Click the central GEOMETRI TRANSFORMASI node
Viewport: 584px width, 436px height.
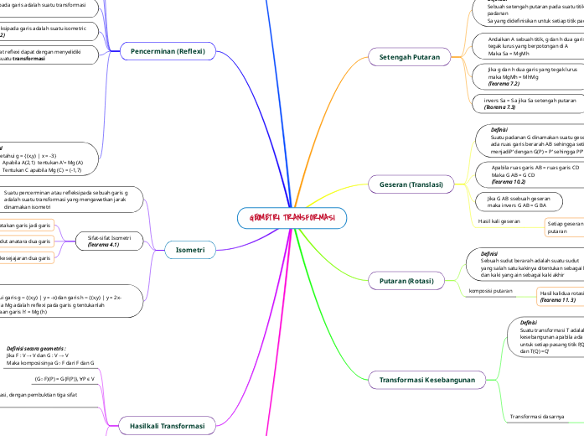point(292,218)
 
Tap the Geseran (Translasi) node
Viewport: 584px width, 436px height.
point(411,184)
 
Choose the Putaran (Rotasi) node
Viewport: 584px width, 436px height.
point(407,280)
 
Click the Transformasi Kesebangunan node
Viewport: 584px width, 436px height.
point(428,380)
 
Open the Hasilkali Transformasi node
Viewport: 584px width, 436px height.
point(168,426)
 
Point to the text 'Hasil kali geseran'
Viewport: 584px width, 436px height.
point(499,221)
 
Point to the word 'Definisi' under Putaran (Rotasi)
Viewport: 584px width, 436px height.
point(489,252)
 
